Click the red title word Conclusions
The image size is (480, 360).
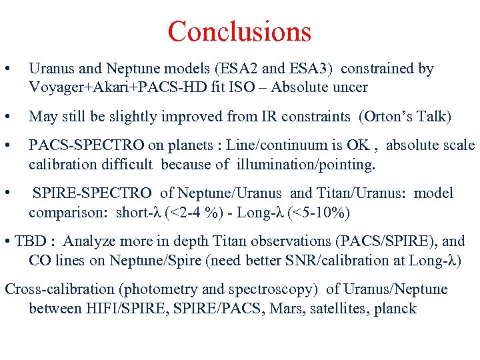239,31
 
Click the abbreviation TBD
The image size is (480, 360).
32,241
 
